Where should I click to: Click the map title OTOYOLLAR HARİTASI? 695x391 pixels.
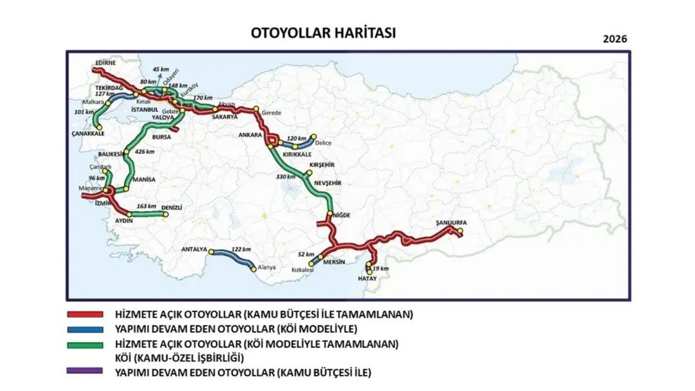click(x=323, y=33)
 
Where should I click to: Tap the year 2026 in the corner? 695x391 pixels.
click(x=615, y=39)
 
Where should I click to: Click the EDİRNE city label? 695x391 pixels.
click(x=105, y=63)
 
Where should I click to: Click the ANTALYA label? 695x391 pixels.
click(x=194, y=250)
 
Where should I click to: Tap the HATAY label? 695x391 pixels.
click(x=367, y=278)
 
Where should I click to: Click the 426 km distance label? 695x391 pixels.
click(x=144, y=152)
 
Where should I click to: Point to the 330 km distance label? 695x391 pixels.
click(x=286, y=176)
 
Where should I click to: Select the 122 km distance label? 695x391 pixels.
click(x=241, y=249)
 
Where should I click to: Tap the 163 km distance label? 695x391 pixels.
click(x=146, y=206)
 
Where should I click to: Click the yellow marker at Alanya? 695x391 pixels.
click(x=253, y=269)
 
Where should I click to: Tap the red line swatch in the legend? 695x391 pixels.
click(x=85, y=314)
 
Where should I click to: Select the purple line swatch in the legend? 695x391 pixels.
click(x=85, y=371)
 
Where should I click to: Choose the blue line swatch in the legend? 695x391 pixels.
click(x=85, y=329)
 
